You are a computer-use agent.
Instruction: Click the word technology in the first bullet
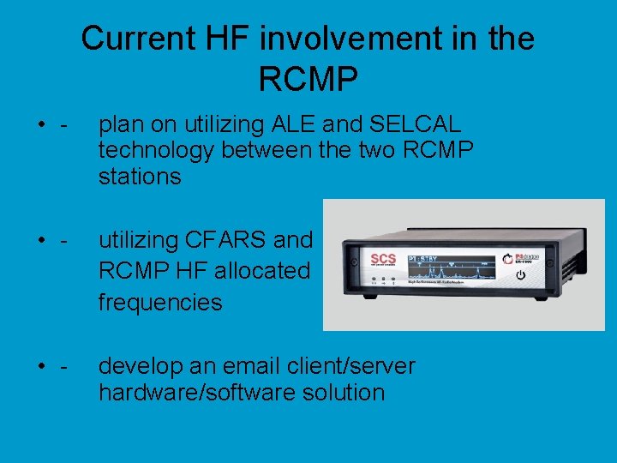click(156, 151)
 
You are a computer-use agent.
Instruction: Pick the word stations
click(140, 177)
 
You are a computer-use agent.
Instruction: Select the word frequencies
click(160, 303)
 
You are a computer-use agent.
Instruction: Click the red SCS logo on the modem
click(383, 258)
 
